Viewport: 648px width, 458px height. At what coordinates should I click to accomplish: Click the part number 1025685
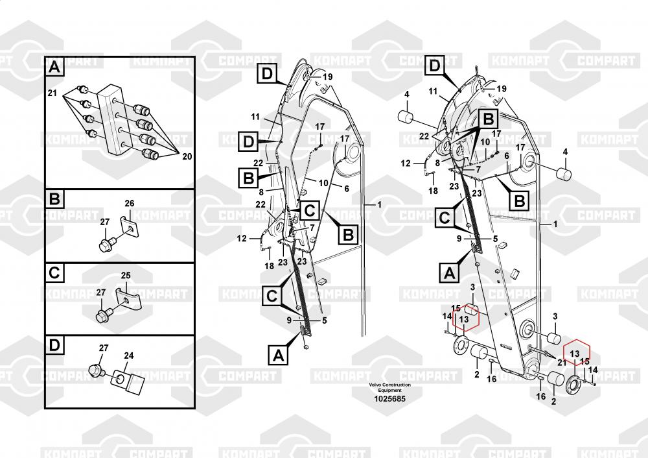click(x=389, y=398)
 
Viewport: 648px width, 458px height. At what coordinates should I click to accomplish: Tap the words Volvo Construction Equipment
click(x=389, y=387)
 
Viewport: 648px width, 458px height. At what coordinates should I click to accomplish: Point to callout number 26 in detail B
click(x=129, y=204)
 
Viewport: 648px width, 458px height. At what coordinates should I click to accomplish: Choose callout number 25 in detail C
click(x=126, y=276)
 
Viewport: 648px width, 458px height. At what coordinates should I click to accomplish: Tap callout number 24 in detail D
click(x=128, y=356)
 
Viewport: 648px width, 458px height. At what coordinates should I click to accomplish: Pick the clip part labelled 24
click(x=131, y=383)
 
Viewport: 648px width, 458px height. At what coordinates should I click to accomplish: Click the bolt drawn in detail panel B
click(x=105, y=245)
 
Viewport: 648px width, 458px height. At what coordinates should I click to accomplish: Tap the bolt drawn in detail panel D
click(x=97, y=371)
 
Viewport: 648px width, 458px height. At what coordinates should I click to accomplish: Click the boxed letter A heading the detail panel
click(x=54, y=66)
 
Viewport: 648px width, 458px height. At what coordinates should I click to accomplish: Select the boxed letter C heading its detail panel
click(x=54, y=272)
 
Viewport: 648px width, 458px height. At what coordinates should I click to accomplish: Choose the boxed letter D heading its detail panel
click(x=54, y=344)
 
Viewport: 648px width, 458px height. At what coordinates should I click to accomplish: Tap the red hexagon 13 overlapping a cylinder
click(x=464, y=319)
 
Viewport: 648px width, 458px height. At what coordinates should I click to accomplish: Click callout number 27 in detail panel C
click(x=100, y=293)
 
